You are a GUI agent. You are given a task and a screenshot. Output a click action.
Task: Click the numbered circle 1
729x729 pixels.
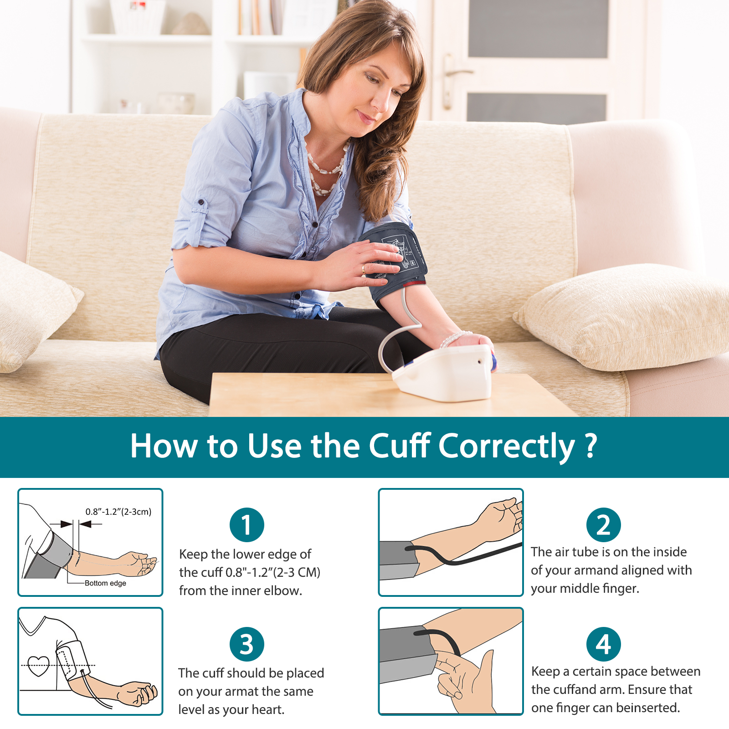click(247, 525)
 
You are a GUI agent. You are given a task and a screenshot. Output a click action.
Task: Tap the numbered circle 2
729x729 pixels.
click(604, 525)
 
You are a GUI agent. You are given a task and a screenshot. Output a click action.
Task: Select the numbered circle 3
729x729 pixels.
click(247, 644)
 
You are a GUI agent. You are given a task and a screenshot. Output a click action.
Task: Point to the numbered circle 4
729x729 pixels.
click(604, 644)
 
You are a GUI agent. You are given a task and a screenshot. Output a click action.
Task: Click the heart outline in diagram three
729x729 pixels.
click(38, 666)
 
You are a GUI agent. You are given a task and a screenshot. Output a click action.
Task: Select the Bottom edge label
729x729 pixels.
click(105, 583)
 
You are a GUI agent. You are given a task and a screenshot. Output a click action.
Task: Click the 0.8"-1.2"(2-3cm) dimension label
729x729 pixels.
click(118, 512)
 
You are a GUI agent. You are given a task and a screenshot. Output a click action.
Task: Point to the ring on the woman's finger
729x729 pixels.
click(363, 269)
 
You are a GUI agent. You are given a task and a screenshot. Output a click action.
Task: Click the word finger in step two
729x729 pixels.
click(621, 588)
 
